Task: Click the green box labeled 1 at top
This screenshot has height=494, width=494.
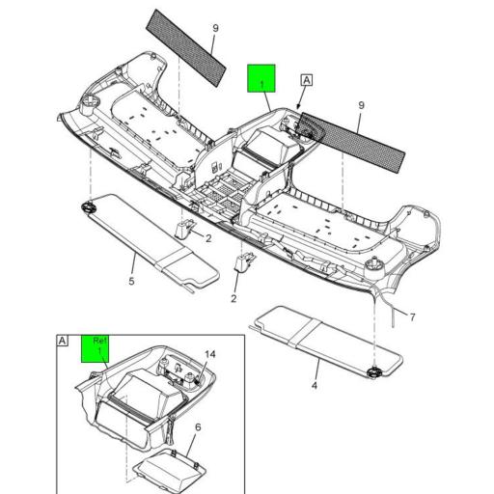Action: (x=261, y=78)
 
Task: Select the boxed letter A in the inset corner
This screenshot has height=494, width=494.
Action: (x=64, y=342)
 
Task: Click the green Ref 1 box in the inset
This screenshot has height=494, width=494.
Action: (x=98, y=347)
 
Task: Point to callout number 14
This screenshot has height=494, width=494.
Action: (x=210, y=354)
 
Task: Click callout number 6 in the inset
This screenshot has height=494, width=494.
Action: (x=198, y=426)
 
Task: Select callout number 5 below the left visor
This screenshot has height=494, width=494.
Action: (x=131, y=284)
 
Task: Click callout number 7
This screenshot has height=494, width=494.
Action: (x=411, y=316)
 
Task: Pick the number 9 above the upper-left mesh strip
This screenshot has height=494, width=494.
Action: (x=215, y=28)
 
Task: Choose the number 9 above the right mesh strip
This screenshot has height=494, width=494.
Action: (x=361, y=105)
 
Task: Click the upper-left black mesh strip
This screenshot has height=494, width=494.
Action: (x=187, y=45)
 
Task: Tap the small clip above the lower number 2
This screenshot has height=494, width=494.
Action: (x=245, y=263)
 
